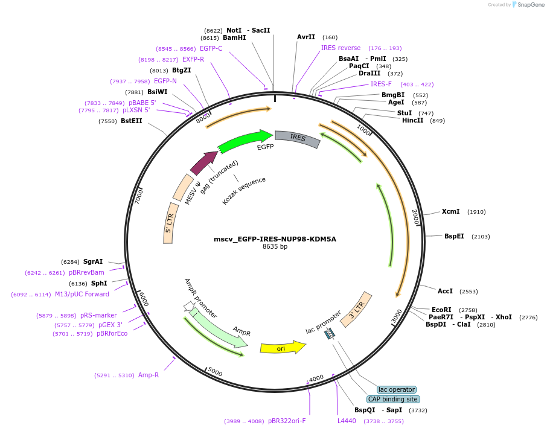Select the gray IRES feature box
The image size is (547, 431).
coord(298,138)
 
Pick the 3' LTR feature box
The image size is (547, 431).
coord(357,310)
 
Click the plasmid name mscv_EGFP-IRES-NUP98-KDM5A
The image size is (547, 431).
coord(275,239)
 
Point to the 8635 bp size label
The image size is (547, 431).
coord(275,246)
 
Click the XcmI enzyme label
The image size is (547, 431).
coord(450,211)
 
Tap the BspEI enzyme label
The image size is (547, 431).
coord(454,236)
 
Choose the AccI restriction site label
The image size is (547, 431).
coord(445,291)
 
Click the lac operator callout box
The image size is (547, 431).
coord(396,389)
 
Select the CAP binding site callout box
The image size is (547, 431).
coord(393,399)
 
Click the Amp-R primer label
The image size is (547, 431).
coord(148,375)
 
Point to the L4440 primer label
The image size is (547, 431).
coord(347,421)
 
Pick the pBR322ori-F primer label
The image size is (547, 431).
coord(287,421)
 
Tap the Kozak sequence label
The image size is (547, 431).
coord(244,191)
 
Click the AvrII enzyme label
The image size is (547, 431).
coord(306,37)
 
